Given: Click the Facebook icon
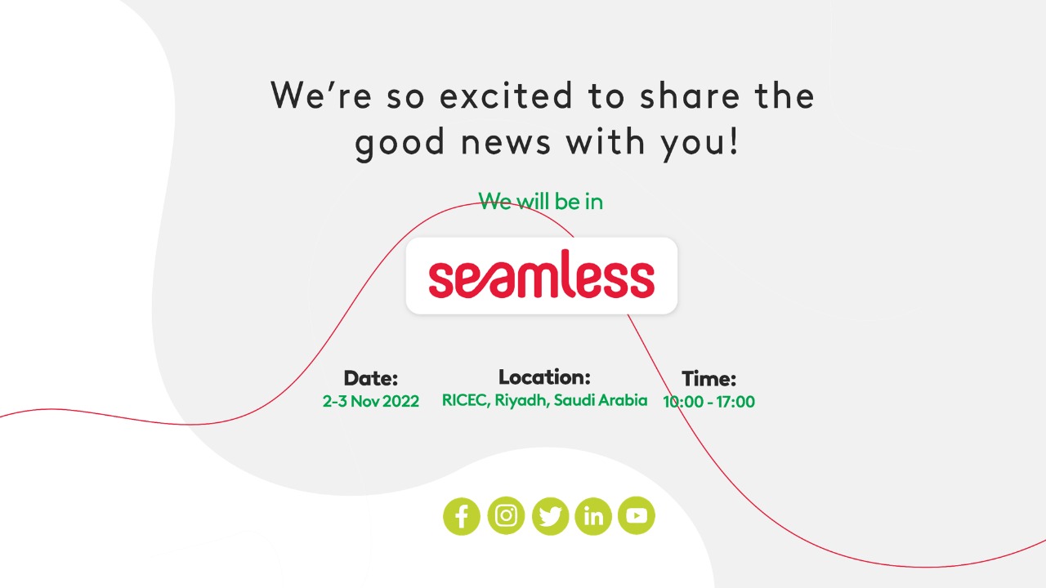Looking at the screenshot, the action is pos(462,516).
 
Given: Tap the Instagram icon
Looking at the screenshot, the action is pos(506,515).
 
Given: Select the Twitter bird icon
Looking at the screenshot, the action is pos(550,516).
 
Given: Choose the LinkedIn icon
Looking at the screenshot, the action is pos(593,516).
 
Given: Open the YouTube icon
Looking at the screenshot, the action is pos(636,515).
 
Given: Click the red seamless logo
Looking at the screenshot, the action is pos(542,274).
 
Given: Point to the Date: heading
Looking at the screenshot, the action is pos(371,378).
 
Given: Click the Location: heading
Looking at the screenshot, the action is pos(544,377).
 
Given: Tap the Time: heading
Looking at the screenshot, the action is pos(709,379).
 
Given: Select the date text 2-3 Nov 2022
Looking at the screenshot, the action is pos(371,401).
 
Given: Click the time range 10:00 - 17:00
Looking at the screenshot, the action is pos(709,402).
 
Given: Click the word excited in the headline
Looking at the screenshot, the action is pos(506,96).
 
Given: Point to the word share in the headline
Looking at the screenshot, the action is pos(691,96).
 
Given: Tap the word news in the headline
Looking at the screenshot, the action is pos(506,142).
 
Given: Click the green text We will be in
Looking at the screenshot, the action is pos(541,202).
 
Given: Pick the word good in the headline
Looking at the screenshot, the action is pos(400,144).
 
